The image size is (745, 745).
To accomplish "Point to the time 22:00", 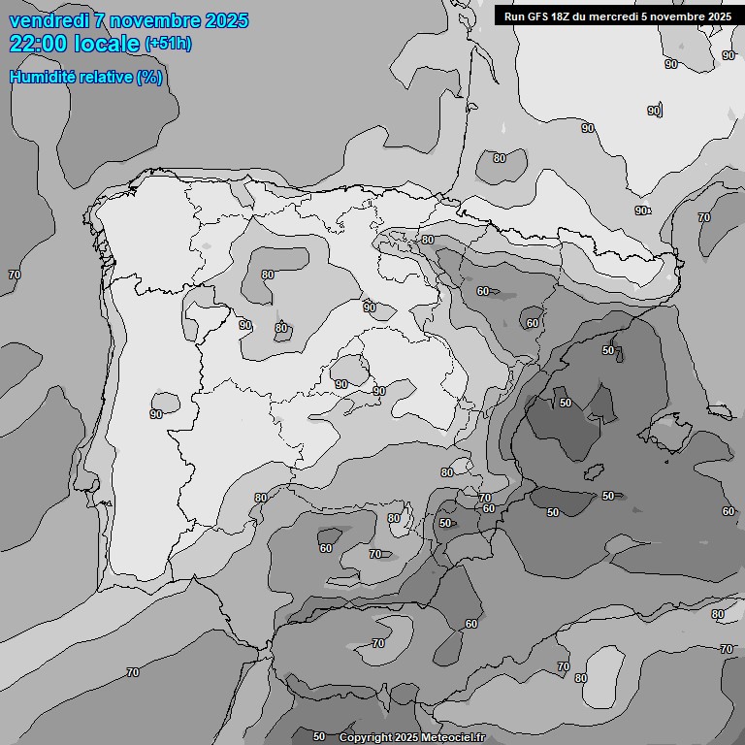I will (x=39, y=44).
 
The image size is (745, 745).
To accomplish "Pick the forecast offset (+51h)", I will (x=168, y=45).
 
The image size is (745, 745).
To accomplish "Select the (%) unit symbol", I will (x=149, y=77).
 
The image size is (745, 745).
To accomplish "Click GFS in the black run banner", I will (x=539, y=16).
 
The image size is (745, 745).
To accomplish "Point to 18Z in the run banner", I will (x=567, y=16).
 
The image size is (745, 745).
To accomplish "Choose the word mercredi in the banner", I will (x=627, y=16).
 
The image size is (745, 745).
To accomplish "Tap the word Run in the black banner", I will (x=514, y=16).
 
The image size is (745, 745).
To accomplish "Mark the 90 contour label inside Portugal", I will (x=156, y=414).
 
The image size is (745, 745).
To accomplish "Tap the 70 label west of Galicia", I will (x=14, y=275).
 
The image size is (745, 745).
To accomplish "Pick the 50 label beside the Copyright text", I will (x=319, y=737).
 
